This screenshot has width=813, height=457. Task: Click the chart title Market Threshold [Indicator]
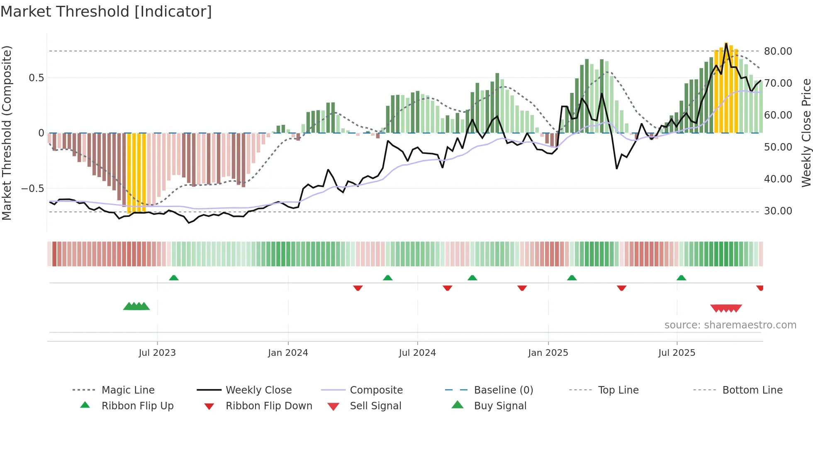(x=106, y=12)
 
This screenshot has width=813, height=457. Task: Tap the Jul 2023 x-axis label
(x=157, y=353)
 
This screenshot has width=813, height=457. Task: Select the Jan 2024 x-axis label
(x=288, y=353)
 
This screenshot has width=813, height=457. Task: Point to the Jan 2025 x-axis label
(x=548, y=353)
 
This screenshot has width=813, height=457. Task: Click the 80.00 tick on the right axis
(x=778, y=51)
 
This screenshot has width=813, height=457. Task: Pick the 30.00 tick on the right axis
(x=778, y=211)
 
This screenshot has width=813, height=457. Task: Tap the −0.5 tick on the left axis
(x=32, y=189)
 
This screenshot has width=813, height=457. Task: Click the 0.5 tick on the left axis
(x=36, y=78)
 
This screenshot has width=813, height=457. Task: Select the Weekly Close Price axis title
(x=806, y=133)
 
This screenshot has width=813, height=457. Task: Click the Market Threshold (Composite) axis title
(x=7, y=133)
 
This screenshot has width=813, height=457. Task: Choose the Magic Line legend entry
(x=128, y=390)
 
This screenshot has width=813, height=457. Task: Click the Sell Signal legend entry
(x=375, y=406)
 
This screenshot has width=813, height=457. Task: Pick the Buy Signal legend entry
(x=500, y=406)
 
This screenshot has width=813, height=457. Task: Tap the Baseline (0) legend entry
(x=503, y=390)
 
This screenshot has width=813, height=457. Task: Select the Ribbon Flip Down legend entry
(x=269, y=406)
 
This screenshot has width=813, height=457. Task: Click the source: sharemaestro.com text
(x=730, y=325)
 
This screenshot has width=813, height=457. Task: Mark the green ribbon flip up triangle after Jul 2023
(x=174, y=278)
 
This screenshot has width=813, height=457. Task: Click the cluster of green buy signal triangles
(x=136, y=306)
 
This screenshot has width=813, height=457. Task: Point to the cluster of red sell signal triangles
(x=726, y=308)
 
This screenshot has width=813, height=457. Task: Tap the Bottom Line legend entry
(x=752, y=390)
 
